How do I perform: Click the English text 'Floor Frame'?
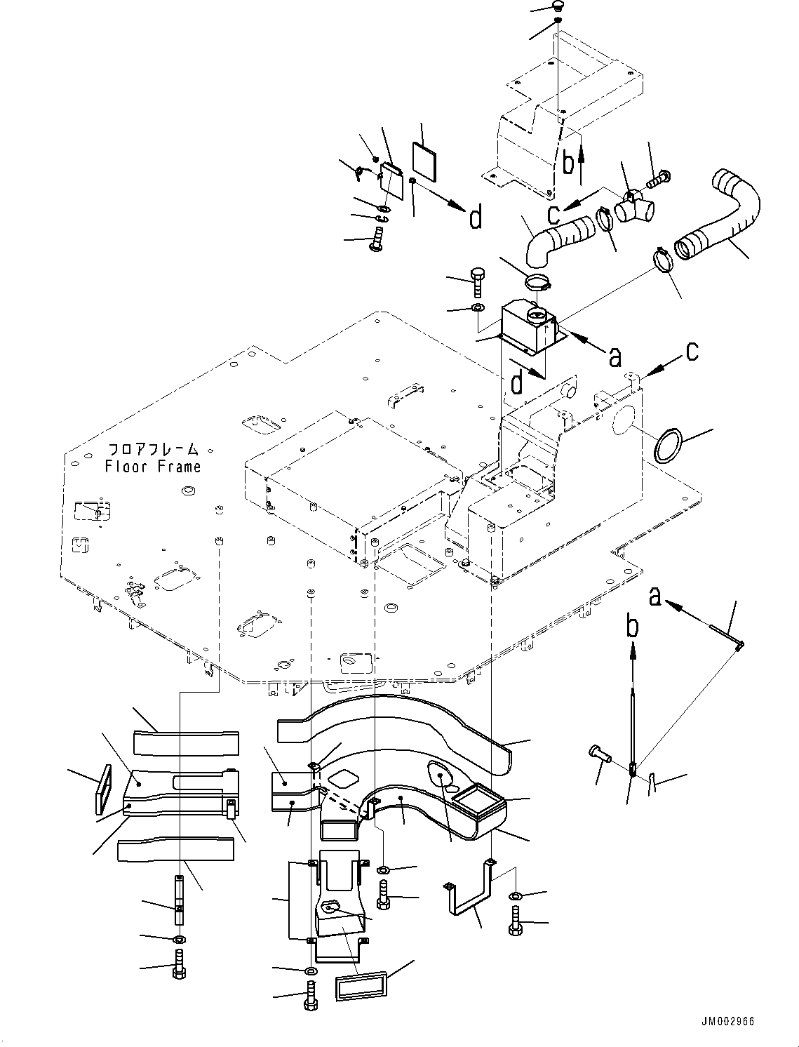[x=153, y=467]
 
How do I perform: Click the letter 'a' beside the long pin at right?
[x=655, y=597]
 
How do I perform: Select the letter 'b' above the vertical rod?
[x=633, y=627]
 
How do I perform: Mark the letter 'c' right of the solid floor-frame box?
[x=692, y=351]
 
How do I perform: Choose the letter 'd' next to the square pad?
[x=476, y=219]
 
